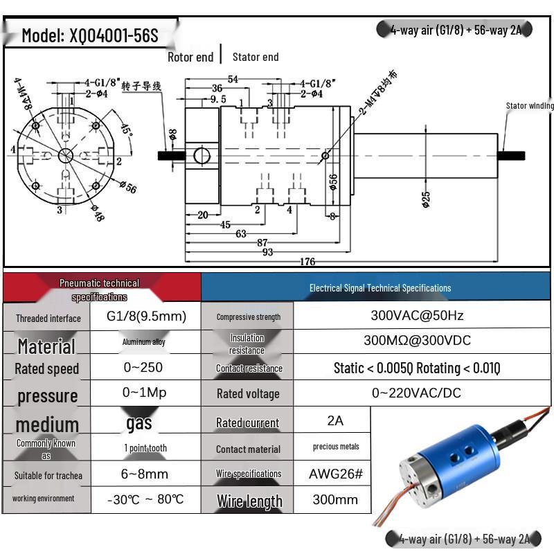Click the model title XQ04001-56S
coord(89,35)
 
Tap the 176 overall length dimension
coord(307,262)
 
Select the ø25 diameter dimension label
coord(425,199)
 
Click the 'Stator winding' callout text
coord(530,106)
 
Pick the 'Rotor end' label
coord(190,57)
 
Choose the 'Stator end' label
coord(256,57)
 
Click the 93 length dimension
coord(268,252)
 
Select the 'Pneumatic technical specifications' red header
coord(100,289)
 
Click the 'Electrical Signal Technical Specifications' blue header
coord(379,287)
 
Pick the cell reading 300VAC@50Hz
coord(417,316)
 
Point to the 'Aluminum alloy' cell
coord(144,342)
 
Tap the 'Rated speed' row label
coord(47,368)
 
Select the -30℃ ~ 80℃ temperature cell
coord(145,499)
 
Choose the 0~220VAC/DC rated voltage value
coord(416,393)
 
